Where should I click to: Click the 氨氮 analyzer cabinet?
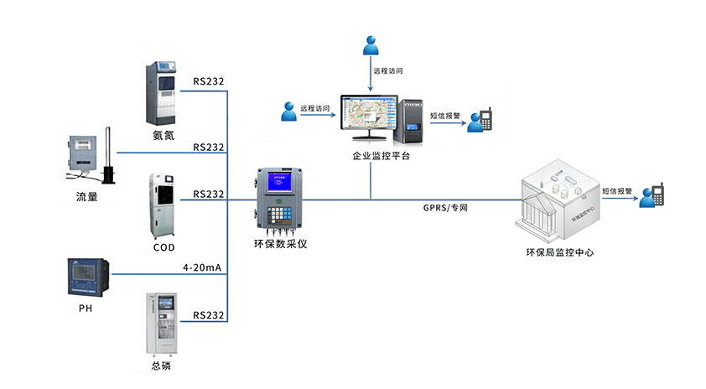(164, 91)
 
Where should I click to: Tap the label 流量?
(87, 198)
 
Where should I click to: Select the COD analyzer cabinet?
(164, 205)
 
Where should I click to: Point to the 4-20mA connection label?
(202, 268)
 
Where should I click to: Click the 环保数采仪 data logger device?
(280, 201)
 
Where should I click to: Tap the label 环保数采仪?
(279, 245)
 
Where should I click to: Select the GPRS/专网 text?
(445, 207)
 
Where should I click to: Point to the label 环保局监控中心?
(559, 252)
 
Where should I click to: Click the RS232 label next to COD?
(208, 194)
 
